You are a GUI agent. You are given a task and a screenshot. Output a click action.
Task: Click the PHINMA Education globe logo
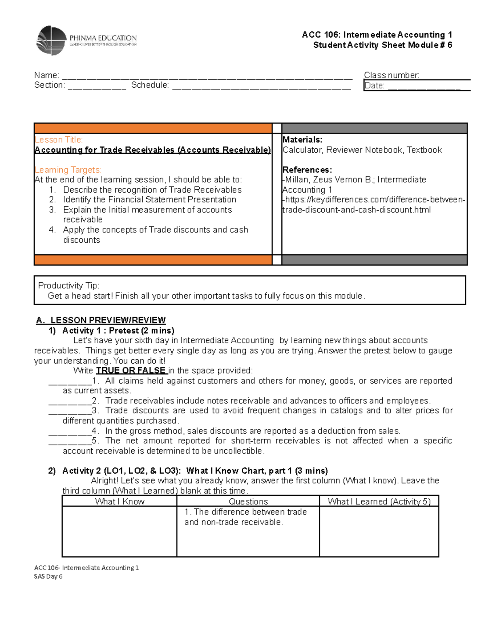(51, 40)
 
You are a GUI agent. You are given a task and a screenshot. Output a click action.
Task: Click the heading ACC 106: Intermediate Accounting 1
(377, 35)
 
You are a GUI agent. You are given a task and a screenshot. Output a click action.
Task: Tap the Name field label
(46, 75)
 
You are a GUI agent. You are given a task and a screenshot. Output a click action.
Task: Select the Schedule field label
(150, 85)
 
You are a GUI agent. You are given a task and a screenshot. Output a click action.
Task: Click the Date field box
(416, 86)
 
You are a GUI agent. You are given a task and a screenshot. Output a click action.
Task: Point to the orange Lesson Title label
(59, 140)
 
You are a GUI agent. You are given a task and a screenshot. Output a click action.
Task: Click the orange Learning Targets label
(67, 170)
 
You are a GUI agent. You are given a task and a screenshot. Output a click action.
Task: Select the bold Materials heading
(302, 140)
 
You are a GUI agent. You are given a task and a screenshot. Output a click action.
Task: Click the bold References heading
(307, 170)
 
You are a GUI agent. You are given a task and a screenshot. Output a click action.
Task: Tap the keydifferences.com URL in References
(374, 205)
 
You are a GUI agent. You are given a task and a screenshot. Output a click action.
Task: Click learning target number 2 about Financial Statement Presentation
(149, 199)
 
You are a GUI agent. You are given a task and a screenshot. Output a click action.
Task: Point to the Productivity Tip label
(68, 285)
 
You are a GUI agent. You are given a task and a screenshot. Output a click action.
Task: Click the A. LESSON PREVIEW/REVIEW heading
(101, 320)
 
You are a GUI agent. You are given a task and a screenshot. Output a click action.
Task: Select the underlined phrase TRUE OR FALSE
(131, 371)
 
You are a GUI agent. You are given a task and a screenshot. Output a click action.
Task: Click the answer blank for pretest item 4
(70, 431)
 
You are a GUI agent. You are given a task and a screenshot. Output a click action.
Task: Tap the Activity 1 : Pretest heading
(118, 331)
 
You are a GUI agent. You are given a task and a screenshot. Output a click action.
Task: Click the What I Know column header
(120, 501)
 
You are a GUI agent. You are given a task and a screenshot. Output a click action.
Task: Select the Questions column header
(248, 501)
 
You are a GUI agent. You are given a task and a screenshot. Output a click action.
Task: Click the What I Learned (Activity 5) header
(379, 501)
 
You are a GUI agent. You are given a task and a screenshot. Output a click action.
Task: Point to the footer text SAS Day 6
(48, 577)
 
